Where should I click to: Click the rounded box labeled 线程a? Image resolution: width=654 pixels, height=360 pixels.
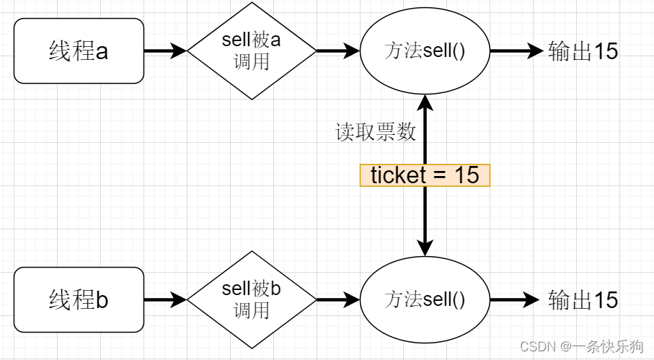[79, 51]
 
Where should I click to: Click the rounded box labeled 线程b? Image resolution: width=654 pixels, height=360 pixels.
[79, 299]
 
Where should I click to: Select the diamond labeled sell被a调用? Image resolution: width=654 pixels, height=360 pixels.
[252, 51]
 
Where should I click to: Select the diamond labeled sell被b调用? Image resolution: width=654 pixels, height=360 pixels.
[252, 299]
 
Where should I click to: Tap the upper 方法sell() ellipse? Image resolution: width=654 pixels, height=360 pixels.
[425, 51]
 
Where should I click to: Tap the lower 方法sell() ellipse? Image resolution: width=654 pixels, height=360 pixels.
[425, 299]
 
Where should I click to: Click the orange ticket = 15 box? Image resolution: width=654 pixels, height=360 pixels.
[425, 175]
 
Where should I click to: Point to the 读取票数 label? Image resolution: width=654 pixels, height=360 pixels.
[376, 132]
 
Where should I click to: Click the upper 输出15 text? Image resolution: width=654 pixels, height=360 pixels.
[583, 51]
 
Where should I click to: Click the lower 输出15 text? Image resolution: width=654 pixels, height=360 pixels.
[583, 299]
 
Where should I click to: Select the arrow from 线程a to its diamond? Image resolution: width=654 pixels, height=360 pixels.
[164, 51]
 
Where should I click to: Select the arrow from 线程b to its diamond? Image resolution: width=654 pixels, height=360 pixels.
[164, 299]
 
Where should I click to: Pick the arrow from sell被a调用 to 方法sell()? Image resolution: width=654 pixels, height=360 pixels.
[337, 51]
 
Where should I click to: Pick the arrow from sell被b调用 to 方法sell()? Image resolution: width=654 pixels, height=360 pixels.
[337, 299]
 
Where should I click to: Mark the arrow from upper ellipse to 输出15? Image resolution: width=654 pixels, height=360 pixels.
[515, 51]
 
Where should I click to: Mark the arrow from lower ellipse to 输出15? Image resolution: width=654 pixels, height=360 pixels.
[515, 299]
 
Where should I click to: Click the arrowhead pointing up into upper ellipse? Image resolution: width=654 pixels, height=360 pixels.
[425, 102]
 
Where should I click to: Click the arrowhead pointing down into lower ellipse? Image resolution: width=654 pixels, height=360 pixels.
[425, 249]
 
